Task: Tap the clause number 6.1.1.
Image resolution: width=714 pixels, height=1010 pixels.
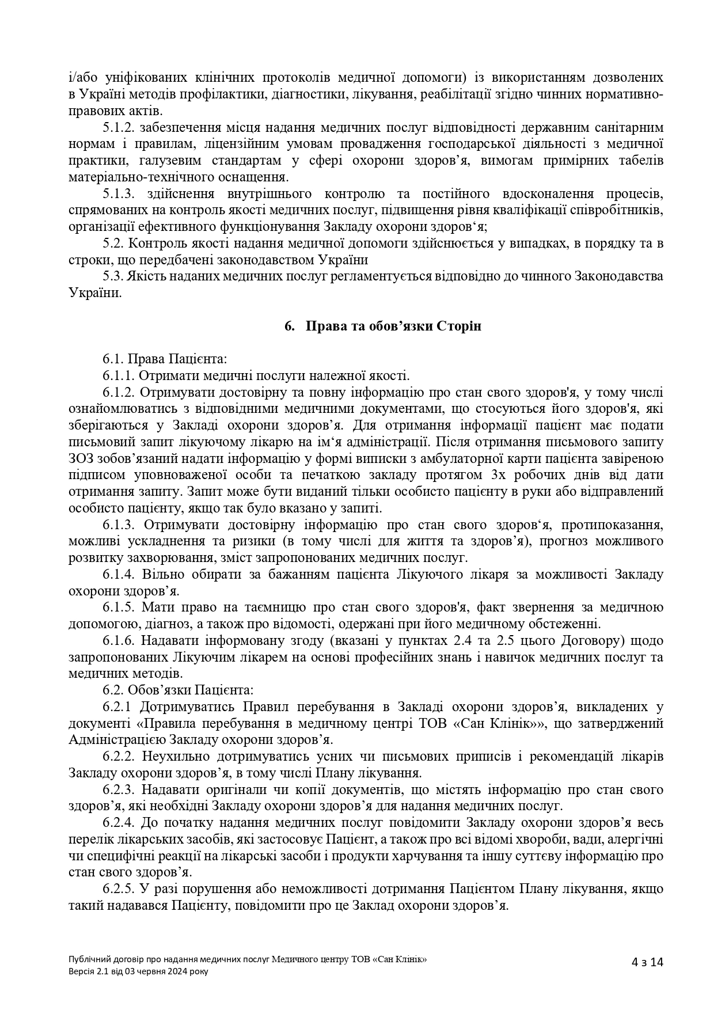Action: [x=119, y=376]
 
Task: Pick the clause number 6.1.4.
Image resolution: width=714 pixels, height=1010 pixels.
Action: [x=119, y=575]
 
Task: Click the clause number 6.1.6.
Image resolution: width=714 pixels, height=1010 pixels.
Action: [x=119, y=641]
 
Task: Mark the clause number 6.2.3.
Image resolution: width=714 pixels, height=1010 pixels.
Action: [x=119, y=789]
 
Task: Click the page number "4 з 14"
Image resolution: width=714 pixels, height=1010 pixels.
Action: [x=647, y=962]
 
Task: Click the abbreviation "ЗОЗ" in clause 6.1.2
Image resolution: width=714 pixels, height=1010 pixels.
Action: [x=80, y=459]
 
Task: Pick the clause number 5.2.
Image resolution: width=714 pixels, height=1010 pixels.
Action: [x=114, y=244]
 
